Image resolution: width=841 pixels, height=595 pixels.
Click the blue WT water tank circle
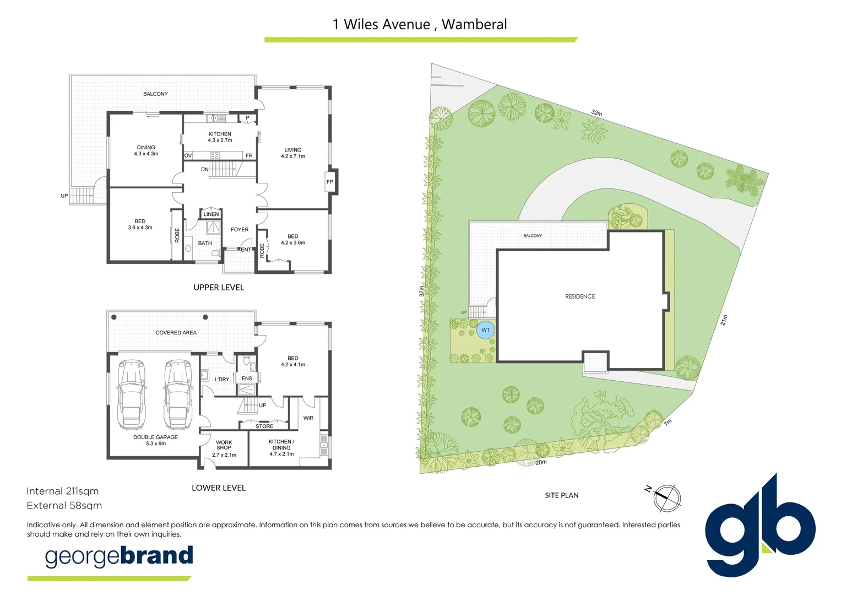pos(486,330)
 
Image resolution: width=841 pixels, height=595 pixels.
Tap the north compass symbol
pos(667,497)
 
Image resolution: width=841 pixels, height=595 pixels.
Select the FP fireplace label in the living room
pos(330,182)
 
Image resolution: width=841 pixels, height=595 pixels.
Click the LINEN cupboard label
pos(211,214)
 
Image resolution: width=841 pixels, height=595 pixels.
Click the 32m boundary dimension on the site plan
pos(596,113)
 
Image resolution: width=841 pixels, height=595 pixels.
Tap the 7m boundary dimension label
pos(668,423)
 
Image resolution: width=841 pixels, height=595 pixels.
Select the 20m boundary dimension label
pos(541,462)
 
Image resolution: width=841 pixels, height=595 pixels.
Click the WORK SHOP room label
pos(224,445)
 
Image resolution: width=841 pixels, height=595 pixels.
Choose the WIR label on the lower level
pos(308,418)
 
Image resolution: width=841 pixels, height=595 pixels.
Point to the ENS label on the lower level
pos(247,378)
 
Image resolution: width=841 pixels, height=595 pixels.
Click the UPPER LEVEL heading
pos(219,288)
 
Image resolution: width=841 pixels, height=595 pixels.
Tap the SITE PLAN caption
pos(561,495)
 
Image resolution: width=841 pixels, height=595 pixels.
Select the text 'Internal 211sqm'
pos(63,491)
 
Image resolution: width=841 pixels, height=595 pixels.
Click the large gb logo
pos(760,526)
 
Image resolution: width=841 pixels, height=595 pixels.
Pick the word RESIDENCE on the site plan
pos(580,296)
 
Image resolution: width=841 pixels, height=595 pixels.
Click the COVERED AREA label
pos(176,333)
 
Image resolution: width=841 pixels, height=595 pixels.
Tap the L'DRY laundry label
pos(222,379)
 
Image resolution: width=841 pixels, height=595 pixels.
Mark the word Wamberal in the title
pos(474,24)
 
